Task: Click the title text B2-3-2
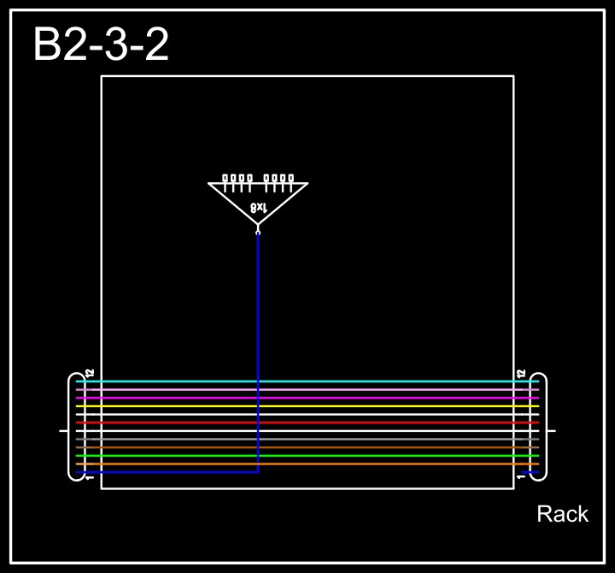tap(101, 44)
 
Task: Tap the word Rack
tap(562, 514)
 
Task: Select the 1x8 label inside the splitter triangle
tap(258, 207)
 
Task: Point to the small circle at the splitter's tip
tap(258, 232)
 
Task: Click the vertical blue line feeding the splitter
tap(258, 342)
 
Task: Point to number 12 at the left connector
tap(90, 374)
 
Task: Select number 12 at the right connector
tap(521, 374)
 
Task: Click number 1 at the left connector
tap(90, 477)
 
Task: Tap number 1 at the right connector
tap(521, 477)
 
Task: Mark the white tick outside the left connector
tap(62, 430)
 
